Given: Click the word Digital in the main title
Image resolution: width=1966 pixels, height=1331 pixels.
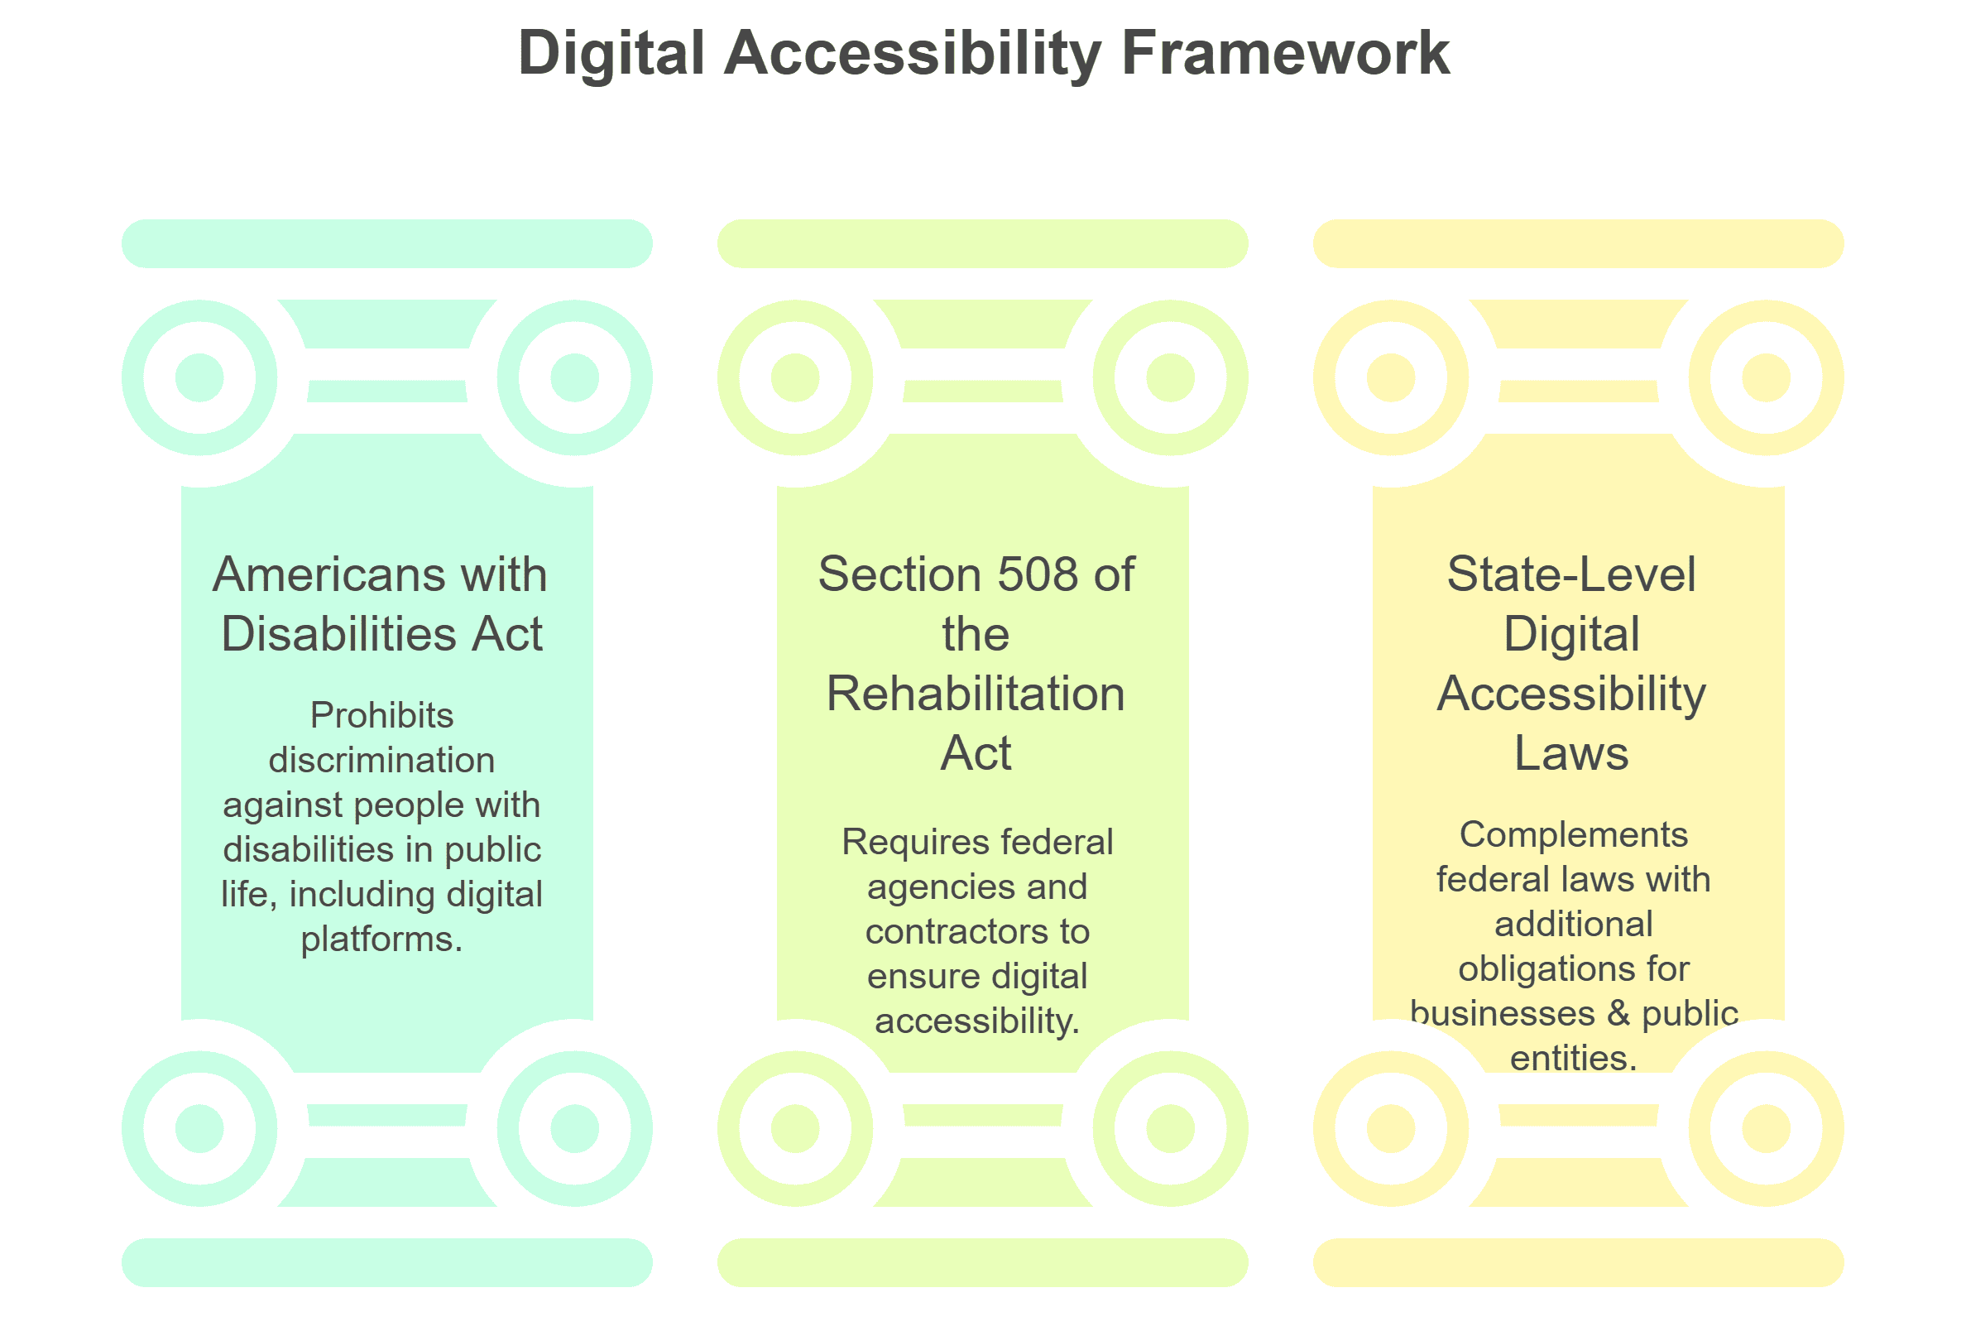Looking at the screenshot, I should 611,53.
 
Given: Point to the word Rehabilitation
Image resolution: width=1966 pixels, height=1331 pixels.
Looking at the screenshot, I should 976,694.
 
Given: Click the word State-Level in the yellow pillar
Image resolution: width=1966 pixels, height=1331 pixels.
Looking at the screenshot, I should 1571,574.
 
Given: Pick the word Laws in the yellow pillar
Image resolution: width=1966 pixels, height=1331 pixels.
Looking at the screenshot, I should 1571,753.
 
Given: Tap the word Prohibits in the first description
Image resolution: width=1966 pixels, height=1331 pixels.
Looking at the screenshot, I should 381,716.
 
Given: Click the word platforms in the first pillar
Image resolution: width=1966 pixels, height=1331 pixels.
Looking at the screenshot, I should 379,939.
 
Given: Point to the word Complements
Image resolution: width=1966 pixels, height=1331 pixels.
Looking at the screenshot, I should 1574,835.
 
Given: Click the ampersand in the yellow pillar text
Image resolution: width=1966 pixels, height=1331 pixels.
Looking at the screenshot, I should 1618,1014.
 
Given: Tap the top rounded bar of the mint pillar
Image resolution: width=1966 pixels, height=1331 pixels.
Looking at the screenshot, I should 386,243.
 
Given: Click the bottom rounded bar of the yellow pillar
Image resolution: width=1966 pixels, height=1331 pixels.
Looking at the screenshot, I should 1578,1262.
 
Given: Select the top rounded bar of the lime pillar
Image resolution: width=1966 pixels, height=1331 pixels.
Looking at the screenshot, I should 982,243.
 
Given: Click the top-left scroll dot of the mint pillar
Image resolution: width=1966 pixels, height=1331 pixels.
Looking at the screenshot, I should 199,377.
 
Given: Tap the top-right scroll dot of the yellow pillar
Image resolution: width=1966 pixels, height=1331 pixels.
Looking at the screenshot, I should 1766,377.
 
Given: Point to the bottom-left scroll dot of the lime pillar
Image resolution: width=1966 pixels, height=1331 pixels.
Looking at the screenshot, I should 795,1129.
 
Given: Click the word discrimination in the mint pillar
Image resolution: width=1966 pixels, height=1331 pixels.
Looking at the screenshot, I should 381,761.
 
